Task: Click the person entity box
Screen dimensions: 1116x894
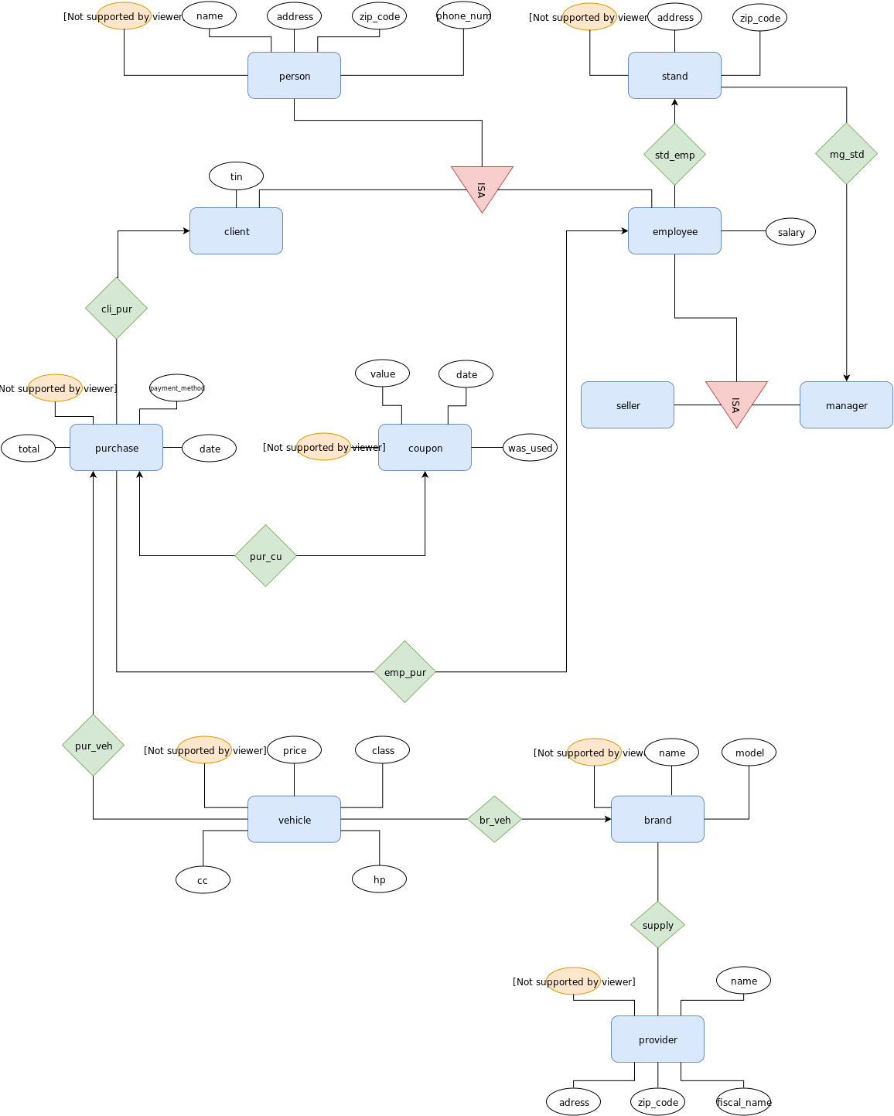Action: coord(294,76)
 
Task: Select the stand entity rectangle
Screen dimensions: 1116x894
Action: coord(674,76)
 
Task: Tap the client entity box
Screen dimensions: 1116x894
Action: coord(236,231)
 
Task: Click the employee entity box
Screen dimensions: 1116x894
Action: coord(674,231)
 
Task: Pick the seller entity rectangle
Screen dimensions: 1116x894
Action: coord(627,405)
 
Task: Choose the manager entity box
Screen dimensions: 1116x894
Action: coord(846,405)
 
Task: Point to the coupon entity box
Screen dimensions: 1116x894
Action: coord(425,448)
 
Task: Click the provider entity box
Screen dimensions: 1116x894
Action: coord(657,1039)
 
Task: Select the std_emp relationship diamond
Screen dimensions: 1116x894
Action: coord(674,155)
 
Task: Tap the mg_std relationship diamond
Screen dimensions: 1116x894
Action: coord(846,154)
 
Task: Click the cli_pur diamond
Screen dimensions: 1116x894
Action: coord(116,309)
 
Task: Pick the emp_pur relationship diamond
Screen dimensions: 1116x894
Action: coord(404,672)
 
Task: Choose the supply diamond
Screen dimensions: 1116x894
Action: coord(657,925)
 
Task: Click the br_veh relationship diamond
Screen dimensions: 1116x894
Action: coord(494,820)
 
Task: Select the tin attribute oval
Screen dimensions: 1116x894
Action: coord(236,176)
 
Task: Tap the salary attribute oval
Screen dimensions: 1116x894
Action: coord(790,232)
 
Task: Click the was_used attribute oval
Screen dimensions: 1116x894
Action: coord(530,448)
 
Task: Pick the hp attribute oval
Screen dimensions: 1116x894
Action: coord(379,879)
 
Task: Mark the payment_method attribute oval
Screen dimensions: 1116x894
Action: coord(176,388)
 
